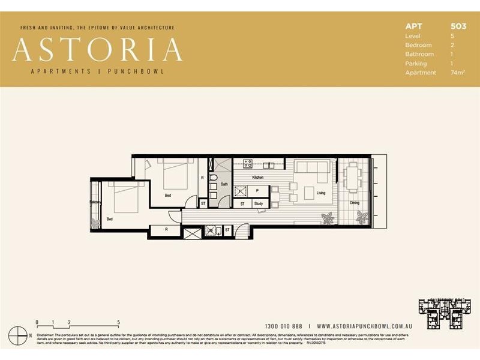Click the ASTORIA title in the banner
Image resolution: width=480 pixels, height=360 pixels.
[x=97, y=50]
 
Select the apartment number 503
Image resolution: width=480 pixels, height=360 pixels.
[x=458, y=26]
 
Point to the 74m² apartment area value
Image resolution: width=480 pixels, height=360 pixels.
[x=457, y=73]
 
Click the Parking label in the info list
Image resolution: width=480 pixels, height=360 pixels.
[x=416, y=64]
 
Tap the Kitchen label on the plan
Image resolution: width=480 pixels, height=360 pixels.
[x=257, y=178]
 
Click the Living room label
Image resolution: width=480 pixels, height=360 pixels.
[x=321, y=193]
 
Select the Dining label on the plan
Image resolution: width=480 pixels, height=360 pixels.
[x=355, y=203]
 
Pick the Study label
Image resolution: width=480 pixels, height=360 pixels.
[x=258, y=204]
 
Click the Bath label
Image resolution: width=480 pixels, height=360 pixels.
[x=224, y=184]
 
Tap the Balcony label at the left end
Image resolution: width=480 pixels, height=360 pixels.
[x=95, y=202]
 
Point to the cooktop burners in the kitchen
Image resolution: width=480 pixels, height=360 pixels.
[x=247, y=164]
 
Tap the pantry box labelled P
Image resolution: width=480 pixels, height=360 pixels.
[x=257, y=191]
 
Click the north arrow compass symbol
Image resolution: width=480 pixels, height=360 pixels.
[x=22, y=335]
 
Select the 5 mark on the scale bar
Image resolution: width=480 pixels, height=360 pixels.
[x=119, y=322]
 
